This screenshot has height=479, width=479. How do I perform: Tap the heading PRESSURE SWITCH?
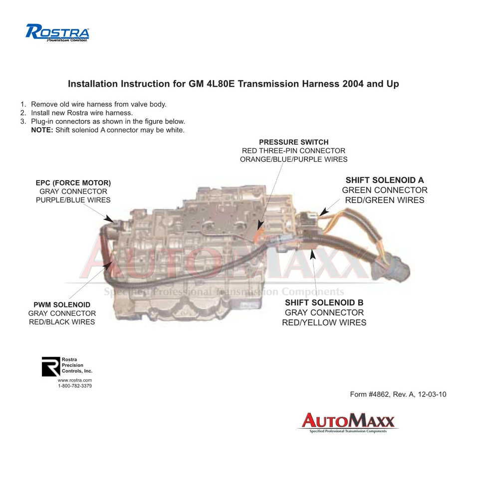point(293,142)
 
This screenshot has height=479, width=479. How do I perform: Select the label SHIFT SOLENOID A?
point(385,180)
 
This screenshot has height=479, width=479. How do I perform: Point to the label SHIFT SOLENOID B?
point(324,302)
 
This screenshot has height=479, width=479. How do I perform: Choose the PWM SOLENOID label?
point(62,304)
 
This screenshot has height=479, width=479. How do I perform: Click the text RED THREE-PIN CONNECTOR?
point(293,151)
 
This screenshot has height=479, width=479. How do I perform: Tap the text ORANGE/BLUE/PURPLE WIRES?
point(293,159)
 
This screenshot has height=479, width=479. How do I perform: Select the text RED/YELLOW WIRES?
point(324,323)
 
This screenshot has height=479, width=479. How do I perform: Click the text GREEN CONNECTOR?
point(385,190)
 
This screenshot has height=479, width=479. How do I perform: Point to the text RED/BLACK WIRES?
point(62,322)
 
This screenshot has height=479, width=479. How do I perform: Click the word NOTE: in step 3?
point(42,130)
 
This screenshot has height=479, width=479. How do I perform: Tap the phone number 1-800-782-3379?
point(75,386)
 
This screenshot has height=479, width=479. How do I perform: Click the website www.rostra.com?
point(75,380)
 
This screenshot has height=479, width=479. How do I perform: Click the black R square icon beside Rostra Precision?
point(50,366)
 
